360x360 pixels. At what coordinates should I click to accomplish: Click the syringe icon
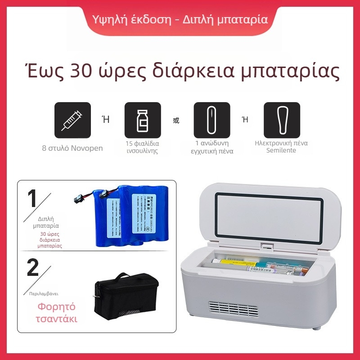[x=72, y=120]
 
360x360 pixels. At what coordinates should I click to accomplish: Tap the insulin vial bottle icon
[x=143, y=120]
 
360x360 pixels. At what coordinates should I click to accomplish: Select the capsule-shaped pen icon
[x=211, y=120]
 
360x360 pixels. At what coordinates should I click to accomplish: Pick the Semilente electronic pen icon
[x=282, y=120]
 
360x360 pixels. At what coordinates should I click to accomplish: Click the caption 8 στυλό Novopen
[x=72, y=148]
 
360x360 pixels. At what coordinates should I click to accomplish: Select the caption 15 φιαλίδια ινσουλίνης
[x=143, y=147]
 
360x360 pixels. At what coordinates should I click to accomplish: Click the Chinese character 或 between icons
[x=176, y=120]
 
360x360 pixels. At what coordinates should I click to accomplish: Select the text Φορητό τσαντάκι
[x=56, y=313]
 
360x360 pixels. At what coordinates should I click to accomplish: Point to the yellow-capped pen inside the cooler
[x=234, y=262]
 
